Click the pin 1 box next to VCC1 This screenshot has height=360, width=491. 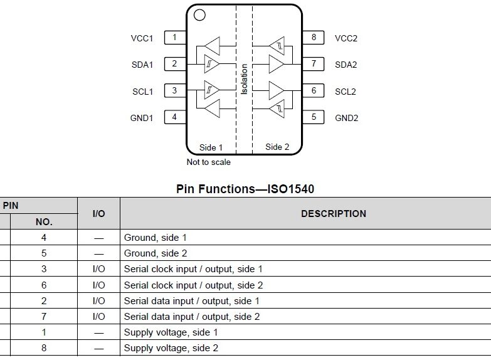tap(174, 38)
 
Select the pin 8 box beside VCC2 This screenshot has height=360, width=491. tap(313, 38)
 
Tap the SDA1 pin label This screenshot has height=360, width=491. tap(142, 65)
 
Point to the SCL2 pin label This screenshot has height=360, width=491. tap(346, 92)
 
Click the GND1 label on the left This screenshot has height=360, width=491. tap(142, 118)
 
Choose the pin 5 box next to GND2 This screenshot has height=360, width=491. tap(313, 117)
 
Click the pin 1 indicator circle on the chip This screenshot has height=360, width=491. tap(199, 14)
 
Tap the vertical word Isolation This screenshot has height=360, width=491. tap(244, 79)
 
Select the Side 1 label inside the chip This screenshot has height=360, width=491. tap(211, 147)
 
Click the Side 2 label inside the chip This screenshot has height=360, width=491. tap(277, 147)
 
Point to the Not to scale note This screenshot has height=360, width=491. tap(209, 162)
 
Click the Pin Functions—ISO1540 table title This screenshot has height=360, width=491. tap(245, 188)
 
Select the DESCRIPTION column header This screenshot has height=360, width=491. tap(333, 214)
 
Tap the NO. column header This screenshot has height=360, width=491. tap(44, 222)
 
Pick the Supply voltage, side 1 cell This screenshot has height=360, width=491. tap(167, 332)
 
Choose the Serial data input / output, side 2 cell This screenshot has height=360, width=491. tap(192, 316)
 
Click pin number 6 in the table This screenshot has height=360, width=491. tap(44, 285)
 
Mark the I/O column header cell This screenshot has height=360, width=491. tap(98, 214)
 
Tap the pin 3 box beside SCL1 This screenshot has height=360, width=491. tap(174, 90)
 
